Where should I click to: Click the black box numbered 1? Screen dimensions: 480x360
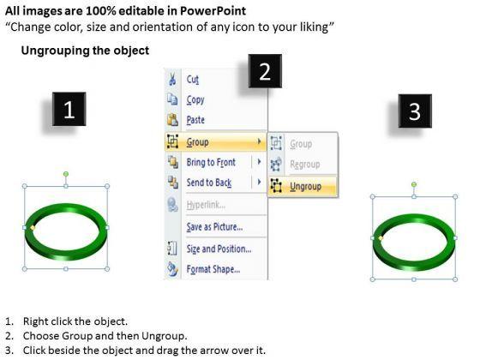(x=69, y=109)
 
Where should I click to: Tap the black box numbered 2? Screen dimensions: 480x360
(x=265, y=71)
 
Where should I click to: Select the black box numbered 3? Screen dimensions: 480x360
(x=415, y=111)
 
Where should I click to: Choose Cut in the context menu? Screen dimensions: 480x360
(x=193, y=80)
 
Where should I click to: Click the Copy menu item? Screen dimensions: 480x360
(x=195, y=99)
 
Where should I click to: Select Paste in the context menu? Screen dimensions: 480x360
(x=195, y=120)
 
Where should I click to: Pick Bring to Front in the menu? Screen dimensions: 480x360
(x=211, y=162)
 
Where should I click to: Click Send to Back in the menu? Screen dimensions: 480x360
(x=209, y=183)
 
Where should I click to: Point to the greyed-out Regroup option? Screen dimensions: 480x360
(x=305, y=165)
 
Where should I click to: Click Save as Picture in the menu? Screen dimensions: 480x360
(x=214, y=227)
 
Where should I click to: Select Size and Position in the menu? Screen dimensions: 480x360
(x=219, y=249)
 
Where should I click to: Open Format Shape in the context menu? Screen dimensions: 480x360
(x=213, y=269)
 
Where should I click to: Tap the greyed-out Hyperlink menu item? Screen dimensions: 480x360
(x=206, y=205)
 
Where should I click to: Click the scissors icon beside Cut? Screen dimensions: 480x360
(x=172, y=79)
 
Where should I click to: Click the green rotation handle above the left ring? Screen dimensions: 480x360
(x=66, y=174)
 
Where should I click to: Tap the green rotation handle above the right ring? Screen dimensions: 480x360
(x=414, y=184)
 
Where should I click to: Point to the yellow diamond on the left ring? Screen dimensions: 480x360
(x=33, y=227)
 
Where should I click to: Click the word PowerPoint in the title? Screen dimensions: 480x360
(x=213, y=11)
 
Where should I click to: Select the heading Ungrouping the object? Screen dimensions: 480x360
(x=85, y=51)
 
